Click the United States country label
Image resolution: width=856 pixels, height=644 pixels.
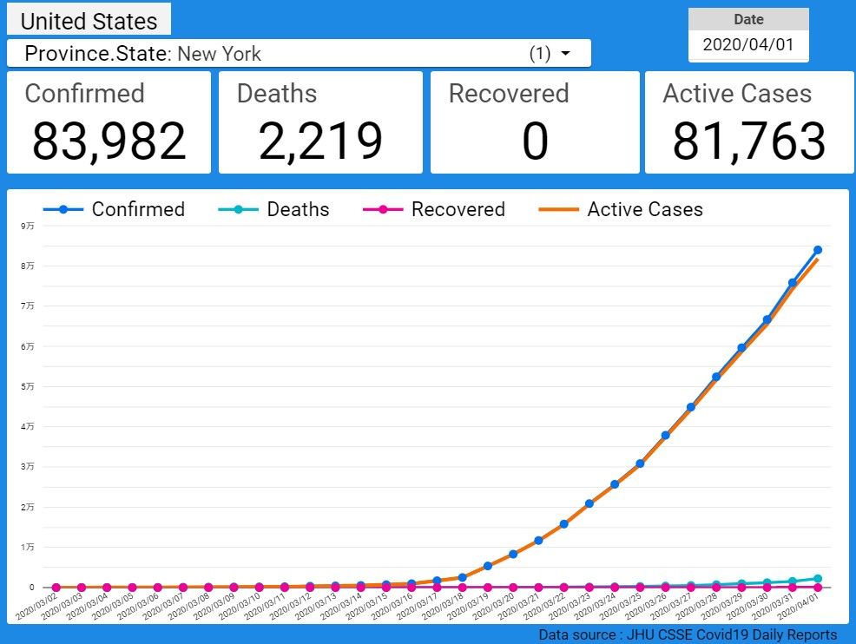coord(89,21)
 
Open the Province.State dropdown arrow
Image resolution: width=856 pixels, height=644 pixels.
coord(566,53)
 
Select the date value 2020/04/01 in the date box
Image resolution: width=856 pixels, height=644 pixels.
coord(748,45)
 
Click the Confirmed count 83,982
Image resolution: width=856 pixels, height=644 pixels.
coord(109,141)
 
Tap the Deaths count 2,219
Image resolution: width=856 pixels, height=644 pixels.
coord(320,141)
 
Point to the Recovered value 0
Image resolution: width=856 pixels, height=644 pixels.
coord(535,141)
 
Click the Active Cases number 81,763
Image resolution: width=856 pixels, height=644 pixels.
coord(748,141)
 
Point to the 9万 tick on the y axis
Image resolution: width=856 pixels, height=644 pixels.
coord(27,226)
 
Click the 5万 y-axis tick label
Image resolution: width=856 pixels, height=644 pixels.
coord(27,386)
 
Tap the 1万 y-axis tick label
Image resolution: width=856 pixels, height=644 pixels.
coord(27,547)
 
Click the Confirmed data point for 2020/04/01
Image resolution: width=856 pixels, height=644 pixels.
coord(817,250)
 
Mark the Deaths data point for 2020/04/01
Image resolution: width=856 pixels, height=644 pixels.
coord(817,578)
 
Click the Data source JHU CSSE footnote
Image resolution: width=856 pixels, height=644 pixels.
coord(688,634)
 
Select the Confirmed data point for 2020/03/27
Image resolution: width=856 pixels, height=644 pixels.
coord(691,407)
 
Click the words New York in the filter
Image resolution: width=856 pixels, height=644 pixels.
coord(219,54)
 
